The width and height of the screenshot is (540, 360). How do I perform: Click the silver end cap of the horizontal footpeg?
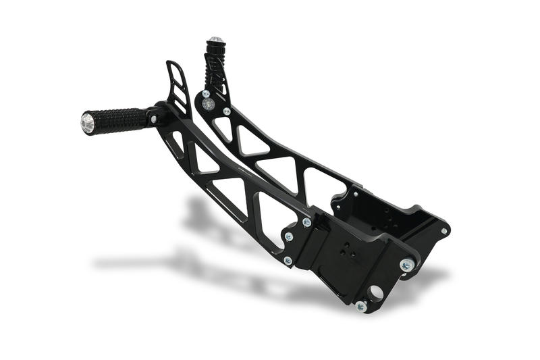click(88, 123)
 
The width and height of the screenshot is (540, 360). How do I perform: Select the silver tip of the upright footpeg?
click(215, 40)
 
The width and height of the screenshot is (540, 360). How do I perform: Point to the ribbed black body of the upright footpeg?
click(216, 61)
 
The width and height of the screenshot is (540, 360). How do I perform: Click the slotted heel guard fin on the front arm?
click(178, 88)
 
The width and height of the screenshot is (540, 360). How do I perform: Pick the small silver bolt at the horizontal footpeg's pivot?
click(155, 120)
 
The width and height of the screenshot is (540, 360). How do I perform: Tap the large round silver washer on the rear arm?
click(209, 104)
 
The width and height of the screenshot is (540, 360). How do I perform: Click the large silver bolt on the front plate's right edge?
click(406, 265)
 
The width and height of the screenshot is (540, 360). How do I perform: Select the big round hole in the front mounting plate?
click(375, 293)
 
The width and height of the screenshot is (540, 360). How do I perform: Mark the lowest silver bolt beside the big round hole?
click(361, 306)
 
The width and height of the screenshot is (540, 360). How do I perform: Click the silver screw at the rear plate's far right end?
click(443, 231)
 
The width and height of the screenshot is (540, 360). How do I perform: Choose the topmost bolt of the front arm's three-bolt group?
click(306, 222)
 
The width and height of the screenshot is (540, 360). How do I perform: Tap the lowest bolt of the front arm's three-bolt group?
click(288, 260)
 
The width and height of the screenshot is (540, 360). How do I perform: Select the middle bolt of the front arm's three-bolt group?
click(289, 237)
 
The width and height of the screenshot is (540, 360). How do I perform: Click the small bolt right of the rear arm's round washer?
click(227, 111)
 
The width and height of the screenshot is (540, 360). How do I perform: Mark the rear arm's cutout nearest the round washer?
click(221, 129)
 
